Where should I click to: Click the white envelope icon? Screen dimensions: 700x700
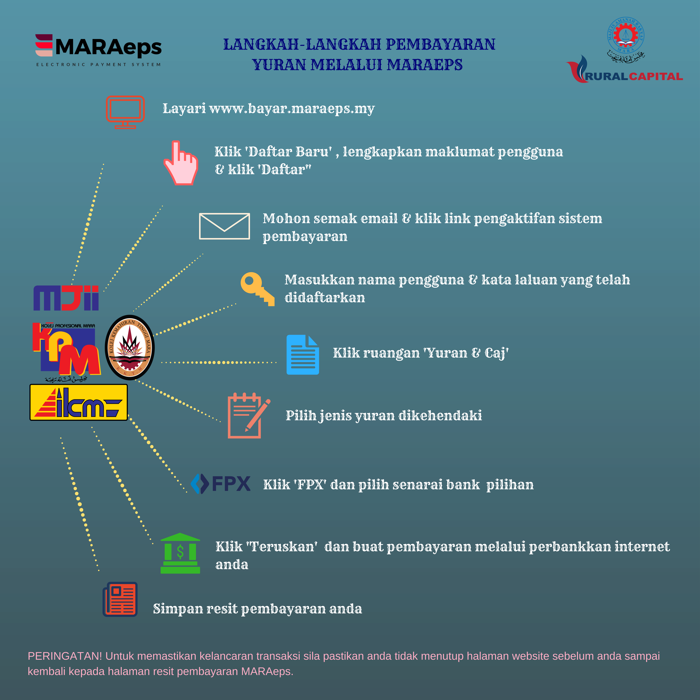224,226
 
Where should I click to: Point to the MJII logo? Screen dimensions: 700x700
66,298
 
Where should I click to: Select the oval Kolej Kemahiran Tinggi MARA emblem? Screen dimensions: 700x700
130,347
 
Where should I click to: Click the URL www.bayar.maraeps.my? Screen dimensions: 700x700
292,108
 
